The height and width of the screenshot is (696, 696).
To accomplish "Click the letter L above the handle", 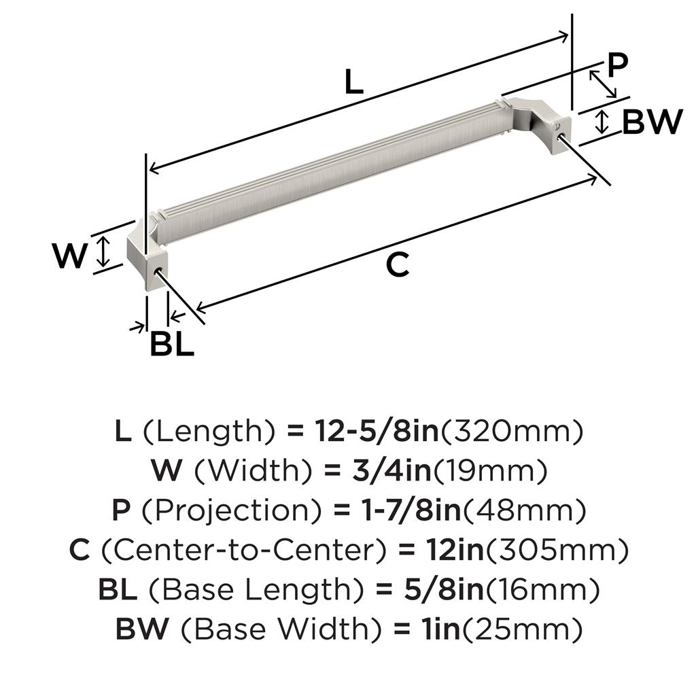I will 354,82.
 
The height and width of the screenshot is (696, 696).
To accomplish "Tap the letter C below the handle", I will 398,264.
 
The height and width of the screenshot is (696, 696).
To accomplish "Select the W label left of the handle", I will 70,256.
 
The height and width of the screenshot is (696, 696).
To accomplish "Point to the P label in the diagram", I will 616,66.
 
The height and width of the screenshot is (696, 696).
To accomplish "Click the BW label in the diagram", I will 652,122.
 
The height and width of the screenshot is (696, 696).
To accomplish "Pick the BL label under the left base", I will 171,344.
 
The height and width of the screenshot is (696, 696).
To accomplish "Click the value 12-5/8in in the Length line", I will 377,431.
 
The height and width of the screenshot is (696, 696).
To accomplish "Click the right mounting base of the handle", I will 549,125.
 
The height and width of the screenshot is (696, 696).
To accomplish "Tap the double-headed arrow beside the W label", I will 103,251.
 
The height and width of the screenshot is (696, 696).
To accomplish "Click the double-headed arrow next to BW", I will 602,122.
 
